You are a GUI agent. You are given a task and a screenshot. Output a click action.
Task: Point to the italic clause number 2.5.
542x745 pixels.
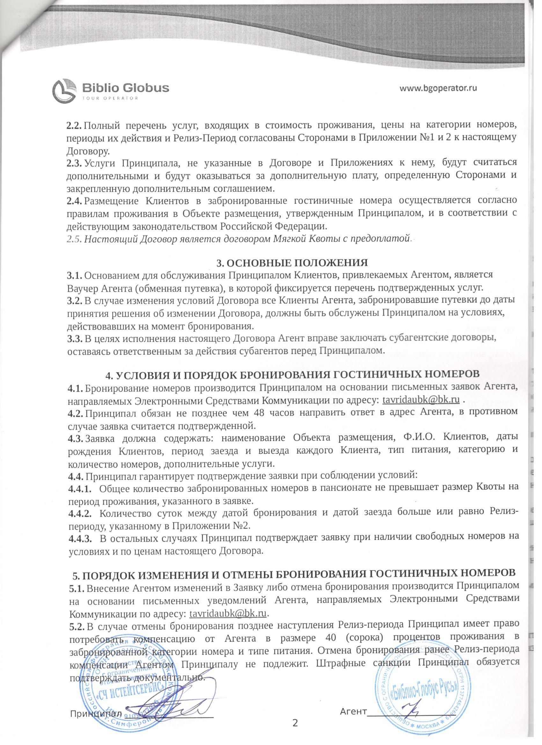point(75,239)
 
